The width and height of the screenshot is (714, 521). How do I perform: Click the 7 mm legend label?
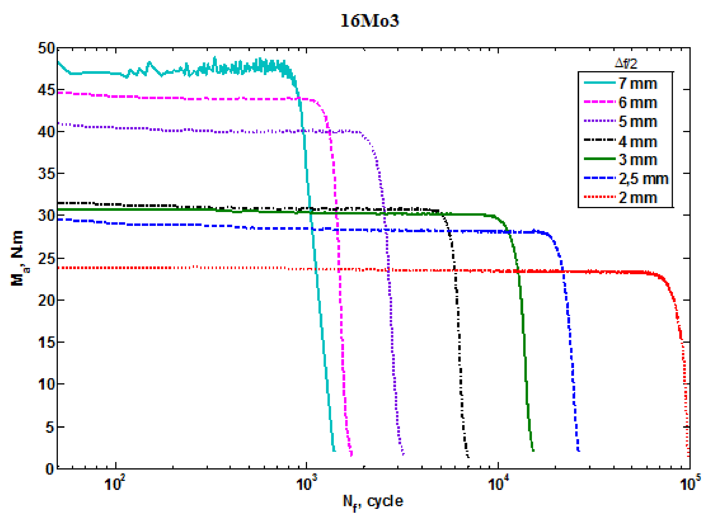click(638, 84)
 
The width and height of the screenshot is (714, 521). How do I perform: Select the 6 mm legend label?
click(638, 103)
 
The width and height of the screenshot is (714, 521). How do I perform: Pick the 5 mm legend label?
click(638, 122)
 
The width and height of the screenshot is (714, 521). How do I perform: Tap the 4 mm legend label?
click(638, 142)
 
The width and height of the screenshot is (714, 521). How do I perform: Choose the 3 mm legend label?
click(638, 160)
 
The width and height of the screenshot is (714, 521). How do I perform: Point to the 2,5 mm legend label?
click(643, 179)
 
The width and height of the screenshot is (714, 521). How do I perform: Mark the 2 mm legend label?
click(638, 198)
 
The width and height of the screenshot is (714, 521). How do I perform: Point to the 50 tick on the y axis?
click(46, 49)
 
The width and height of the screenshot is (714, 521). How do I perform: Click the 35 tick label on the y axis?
click(46, 174)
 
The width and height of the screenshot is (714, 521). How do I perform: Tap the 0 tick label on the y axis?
click(50, 469)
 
